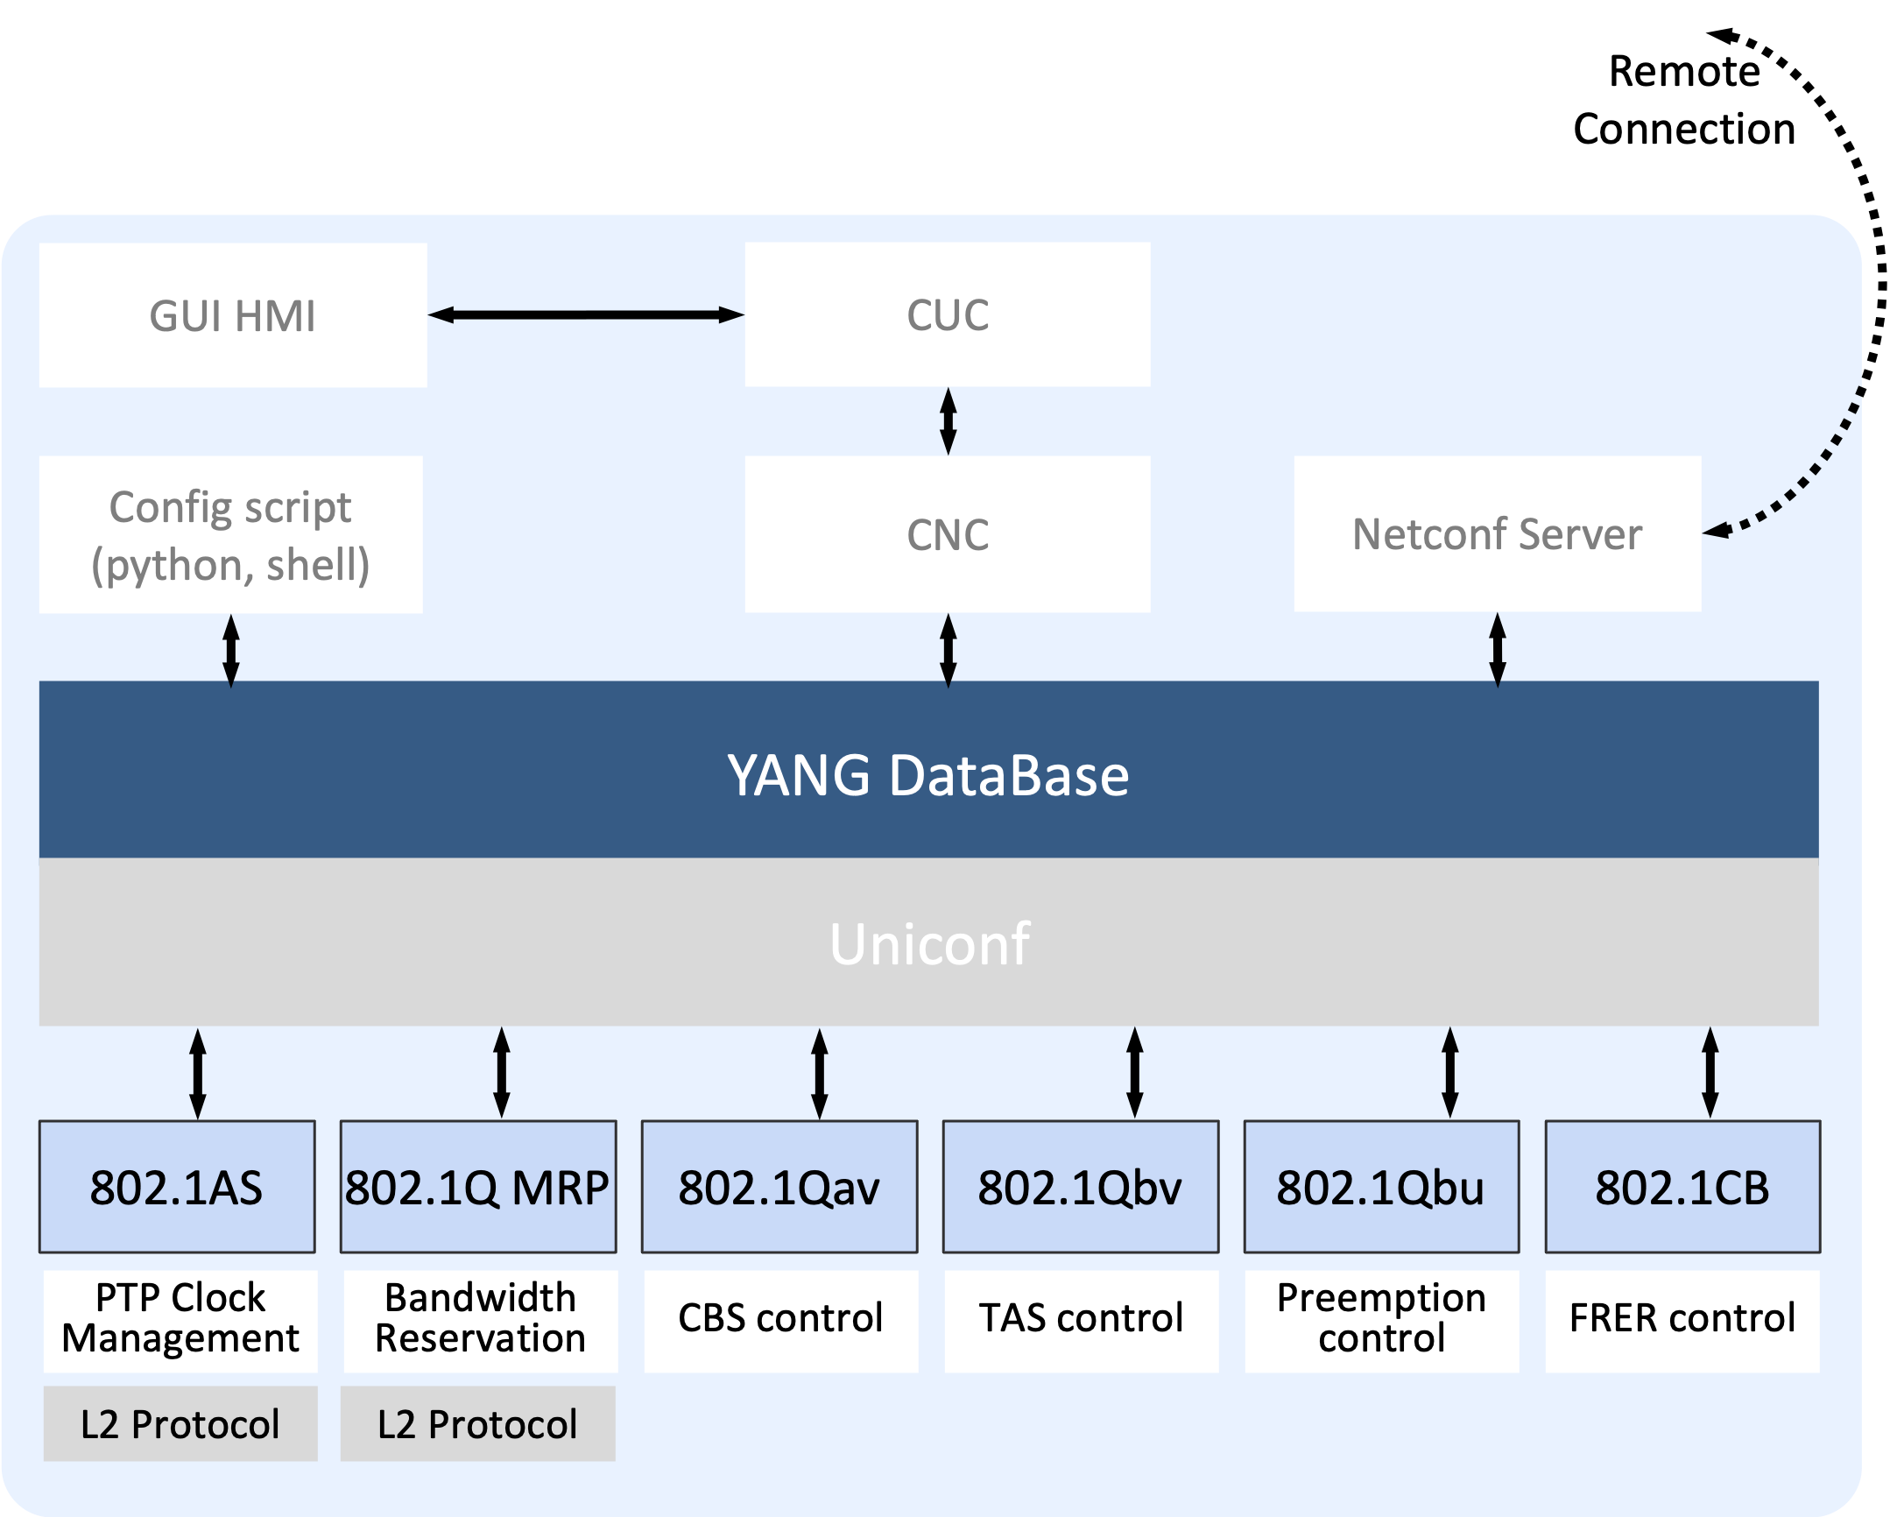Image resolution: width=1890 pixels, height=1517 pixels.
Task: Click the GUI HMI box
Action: pos(232,315)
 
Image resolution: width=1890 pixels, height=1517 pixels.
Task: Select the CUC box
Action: pos(948,314)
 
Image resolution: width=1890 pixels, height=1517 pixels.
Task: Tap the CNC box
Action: pos(948,534)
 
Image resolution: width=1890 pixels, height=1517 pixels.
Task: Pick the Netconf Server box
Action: pos(1498,534)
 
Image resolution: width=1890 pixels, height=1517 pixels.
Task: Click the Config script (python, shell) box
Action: pos(230,535)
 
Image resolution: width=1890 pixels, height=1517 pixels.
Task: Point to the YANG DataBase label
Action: pos(928,775)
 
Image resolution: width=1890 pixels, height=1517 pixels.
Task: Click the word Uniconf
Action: pos(929,943)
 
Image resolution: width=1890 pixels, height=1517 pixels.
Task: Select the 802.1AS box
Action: pos(177,1188)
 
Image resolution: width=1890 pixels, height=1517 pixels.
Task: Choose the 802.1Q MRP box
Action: pos(478,1188)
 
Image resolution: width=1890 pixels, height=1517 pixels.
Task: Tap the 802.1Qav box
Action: pos(779,1188)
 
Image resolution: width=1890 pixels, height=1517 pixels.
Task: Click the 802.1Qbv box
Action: pos(1080,1188)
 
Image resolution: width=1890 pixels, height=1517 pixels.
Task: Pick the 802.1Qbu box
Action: pos(1381,1188)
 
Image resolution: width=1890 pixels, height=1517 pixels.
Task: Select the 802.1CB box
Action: pos(1682,1188)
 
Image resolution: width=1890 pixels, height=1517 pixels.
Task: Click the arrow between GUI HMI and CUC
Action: pos(586,314)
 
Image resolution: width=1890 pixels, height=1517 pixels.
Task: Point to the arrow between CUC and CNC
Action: pos(948,421)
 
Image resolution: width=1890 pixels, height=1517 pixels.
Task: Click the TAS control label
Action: pos(1081,1318)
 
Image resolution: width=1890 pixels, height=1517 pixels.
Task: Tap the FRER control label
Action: pos(1682,1318)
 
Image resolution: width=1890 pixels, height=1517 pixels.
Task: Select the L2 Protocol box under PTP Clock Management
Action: pos(180,1424)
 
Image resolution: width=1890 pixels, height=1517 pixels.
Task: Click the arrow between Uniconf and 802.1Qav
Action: pos(820,1073)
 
